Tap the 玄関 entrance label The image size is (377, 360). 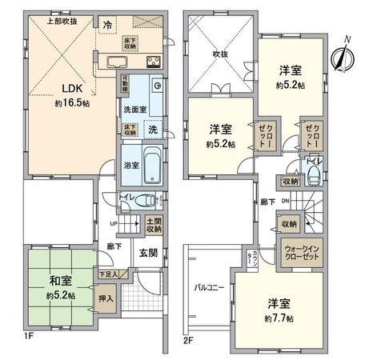click(147, 254)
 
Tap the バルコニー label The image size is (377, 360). click(207, 286)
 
